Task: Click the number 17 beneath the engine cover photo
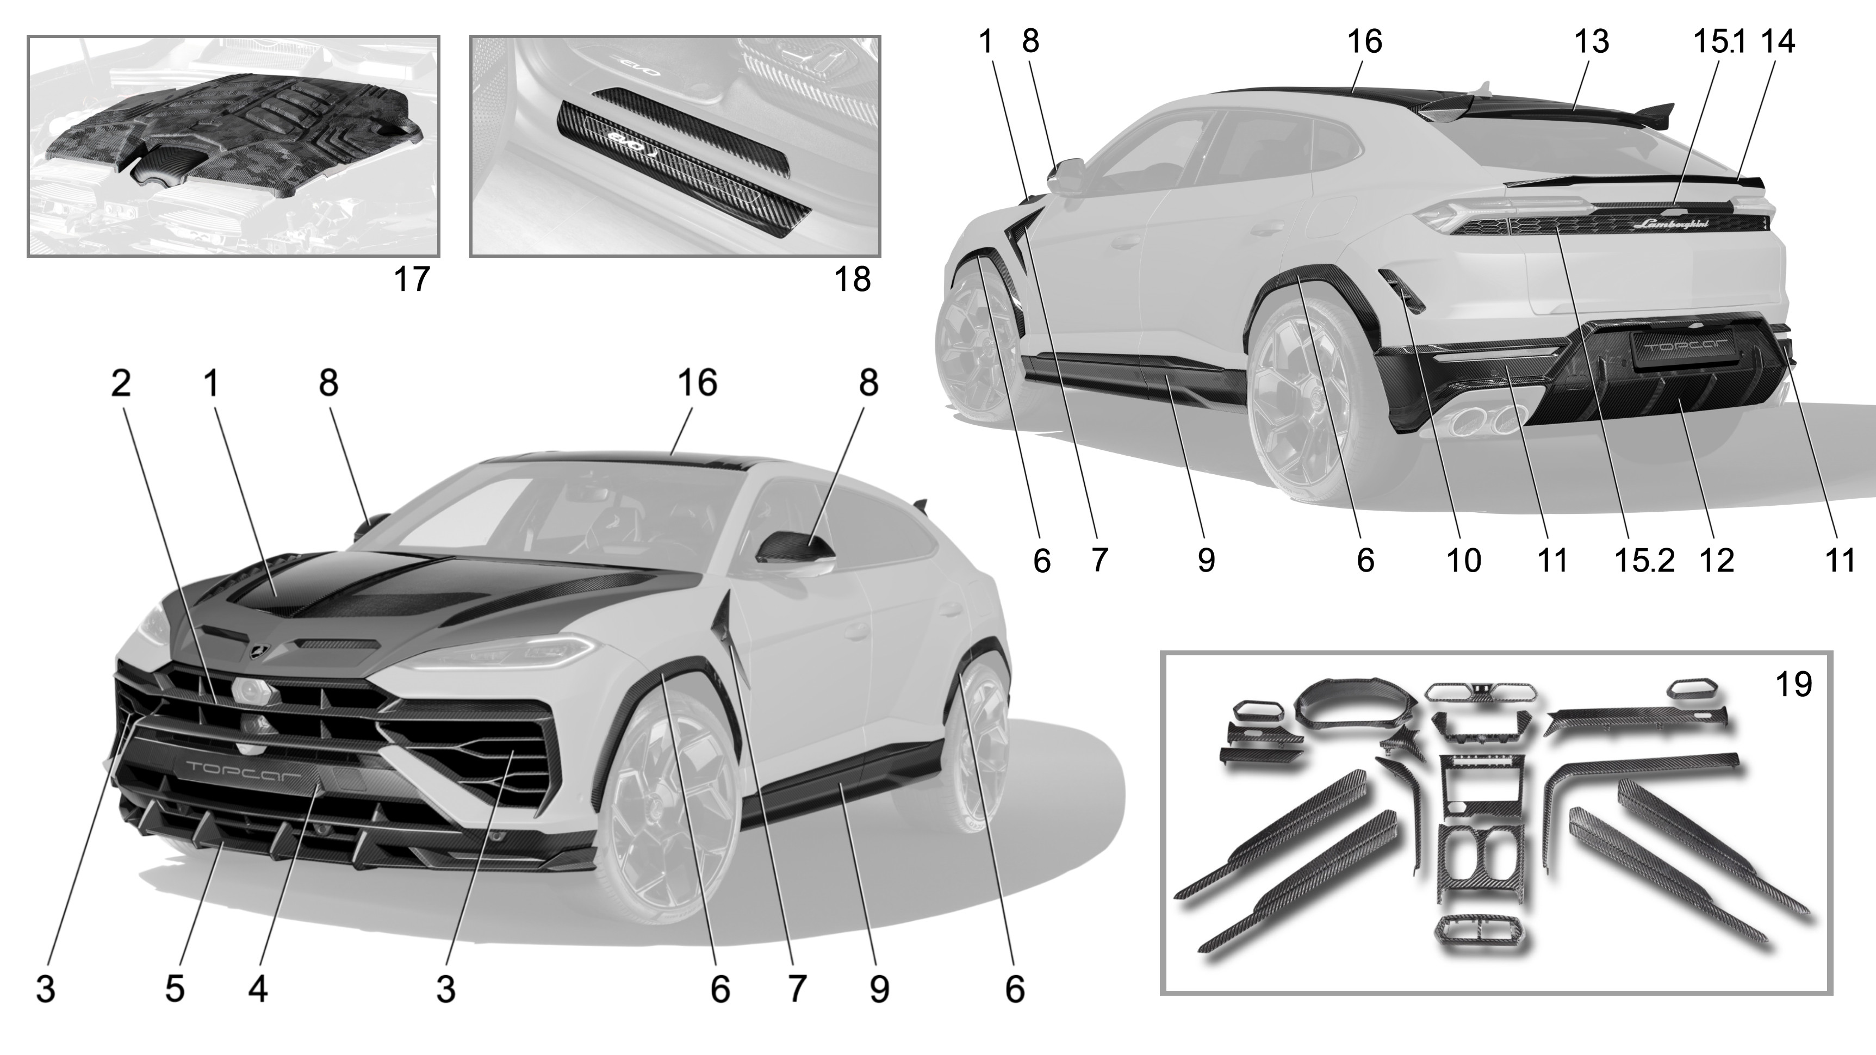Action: (x=412, y=280)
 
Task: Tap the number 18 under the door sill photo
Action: (x=852, y=280)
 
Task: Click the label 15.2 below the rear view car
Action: (x=1644, y=561)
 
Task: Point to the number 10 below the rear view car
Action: (x=1463, y=561)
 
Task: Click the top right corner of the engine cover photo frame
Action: (x=439, y=36)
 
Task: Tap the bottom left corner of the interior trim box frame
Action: (x=1161, y=993)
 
